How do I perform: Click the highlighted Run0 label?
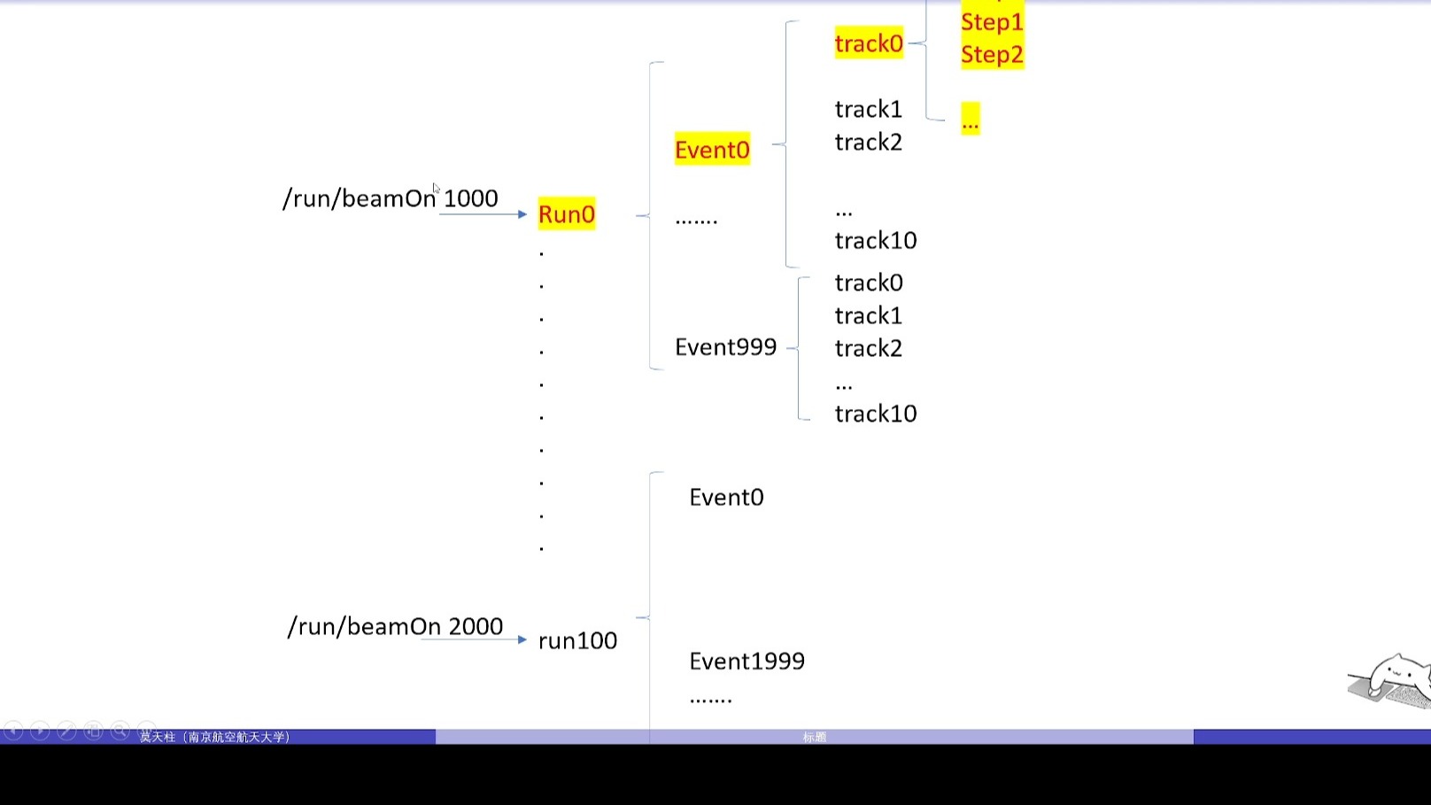(x=567, y=214)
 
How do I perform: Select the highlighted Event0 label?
(x=712, y=150)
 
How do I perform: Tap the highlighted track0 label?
(x=869, y=43)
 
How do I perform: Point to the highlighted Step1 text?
(x=992, y=22)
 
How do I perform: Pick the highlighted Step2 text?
(x=992, y=55)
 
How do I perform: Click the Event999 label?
(x=725, y=347)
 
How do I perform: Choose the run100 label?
(x=577, y=641)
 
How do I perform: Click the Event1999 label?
(x=746, y=662)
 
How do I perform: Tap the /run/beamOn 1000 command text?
(x=390, y=198)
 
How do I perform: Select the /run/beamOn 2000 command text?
(x=395, y=627)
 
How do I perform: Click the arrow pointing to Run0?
(x=483, y=214)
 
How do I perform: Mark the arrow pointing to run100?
(x=475, y=639)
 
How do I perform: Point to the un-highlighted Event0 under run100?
(x=726, y=498)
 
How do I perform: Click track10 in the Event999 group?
(x=875, y=414)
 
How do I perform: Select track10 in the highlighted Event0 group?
(x=875, y=241)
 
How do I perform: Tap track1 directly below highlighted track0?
(x=868, y=110)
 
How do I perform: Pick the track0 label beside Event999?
(x=868, y=283)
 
